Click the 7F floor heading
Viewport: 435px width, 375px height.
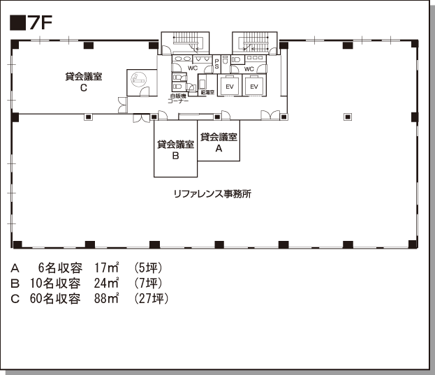point(31,22)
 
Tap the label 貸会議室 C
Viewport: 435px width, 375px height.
point(84,82)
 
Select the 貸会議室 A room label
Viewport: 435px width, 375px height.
point(219,142)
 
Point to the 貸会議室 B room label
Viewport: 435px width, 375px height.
point(175,149)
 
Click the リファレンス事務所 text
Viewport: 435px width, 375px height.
point(212,194)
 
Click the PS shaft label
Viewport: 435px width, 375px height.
point(216,64)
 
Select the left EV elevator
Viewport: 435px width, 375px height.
point(230,87)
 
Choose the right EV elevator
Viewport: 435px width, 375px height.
point(254,87)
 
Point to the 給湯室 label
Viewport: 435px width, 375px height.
point(207,93)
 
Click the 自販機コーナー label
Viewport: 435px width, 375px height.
point(178,98)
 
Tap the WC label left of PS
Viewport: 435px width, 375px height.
point(193,68)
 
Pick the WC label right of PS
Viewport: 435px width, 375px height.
point(249,69)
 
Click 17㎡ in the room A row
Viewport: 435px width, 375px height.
point(107,267)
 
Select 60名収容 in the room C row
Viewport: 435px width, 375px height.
point(55,299)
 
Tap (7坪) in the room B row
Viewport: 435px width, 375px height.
point(149,284)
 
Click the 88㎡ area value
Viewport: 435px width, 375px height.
point(107,299)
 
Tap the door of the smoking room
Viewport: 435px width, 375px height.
point(145,91)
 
